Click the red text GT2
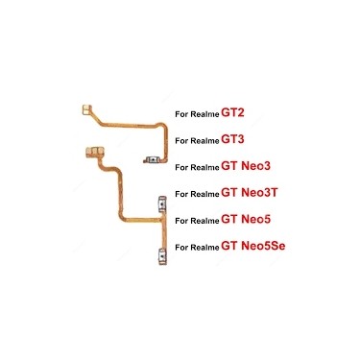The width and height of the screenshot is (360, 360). [232, 113]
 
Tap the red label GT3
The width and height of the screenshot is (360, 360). [232, 139]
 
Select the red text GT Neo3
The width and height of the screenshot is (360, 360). [246, 166]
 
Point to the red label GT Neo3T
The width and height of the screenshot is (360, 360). [250, 193]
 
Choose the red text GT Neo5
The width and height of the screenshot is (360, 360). [246, 219]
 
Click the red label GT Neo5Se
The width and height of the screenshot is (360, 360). [253, 246]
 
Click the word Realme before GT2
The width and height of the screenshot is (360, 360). [204, 114]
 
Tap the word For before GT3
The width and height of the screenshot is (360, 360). [181, 141]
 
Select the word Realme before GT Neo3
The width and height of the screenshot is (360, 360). [204, 167]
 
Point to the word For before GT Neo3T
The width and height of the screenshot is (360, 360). [181, 194]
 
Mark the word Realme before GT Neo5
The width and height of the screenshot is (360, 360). [204, 221]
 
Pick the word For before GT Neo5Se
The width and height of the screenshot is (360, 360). [181, 247]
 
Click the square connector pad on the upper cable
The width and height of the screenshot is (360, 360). [86, 109]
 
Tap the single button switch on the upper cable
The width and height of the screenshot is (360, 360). [153, 159]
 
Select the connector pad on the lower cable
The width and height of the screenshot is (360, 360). [95, 152]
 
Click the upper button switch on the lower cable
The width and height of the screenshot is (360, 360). [162, 204]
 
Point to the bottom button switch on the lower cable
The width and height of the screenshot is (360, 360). [162, 257]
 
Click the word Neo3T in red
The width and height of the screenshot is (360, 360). [259, 193]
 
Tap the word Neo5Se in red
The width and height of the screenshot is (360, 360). [263, 246]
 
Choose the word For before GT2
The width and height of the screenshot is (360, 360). [181, 114]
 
